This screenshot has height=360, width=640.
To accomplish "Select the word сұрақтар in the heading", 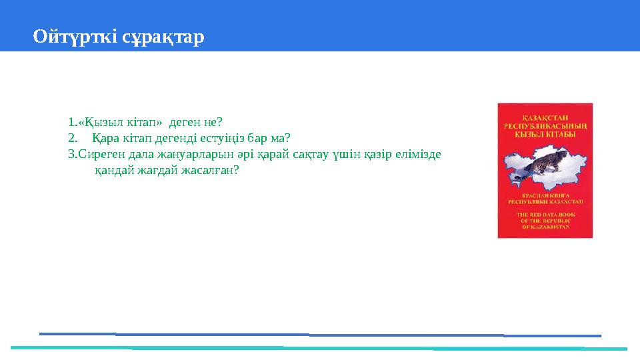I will point(163,37).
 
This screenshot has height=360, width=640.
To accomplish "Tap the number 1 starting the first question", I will point(71,123).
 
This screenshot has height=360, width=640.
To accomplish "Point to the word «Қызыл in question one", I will point(94,123).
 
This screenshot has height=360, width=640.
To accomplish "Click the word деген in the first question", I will point(183,123).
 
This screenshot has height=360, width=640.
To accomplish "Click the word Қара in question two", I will point(105,139).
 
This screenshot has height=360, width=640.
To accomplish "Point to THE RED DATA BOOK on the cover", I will point(545,215).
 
